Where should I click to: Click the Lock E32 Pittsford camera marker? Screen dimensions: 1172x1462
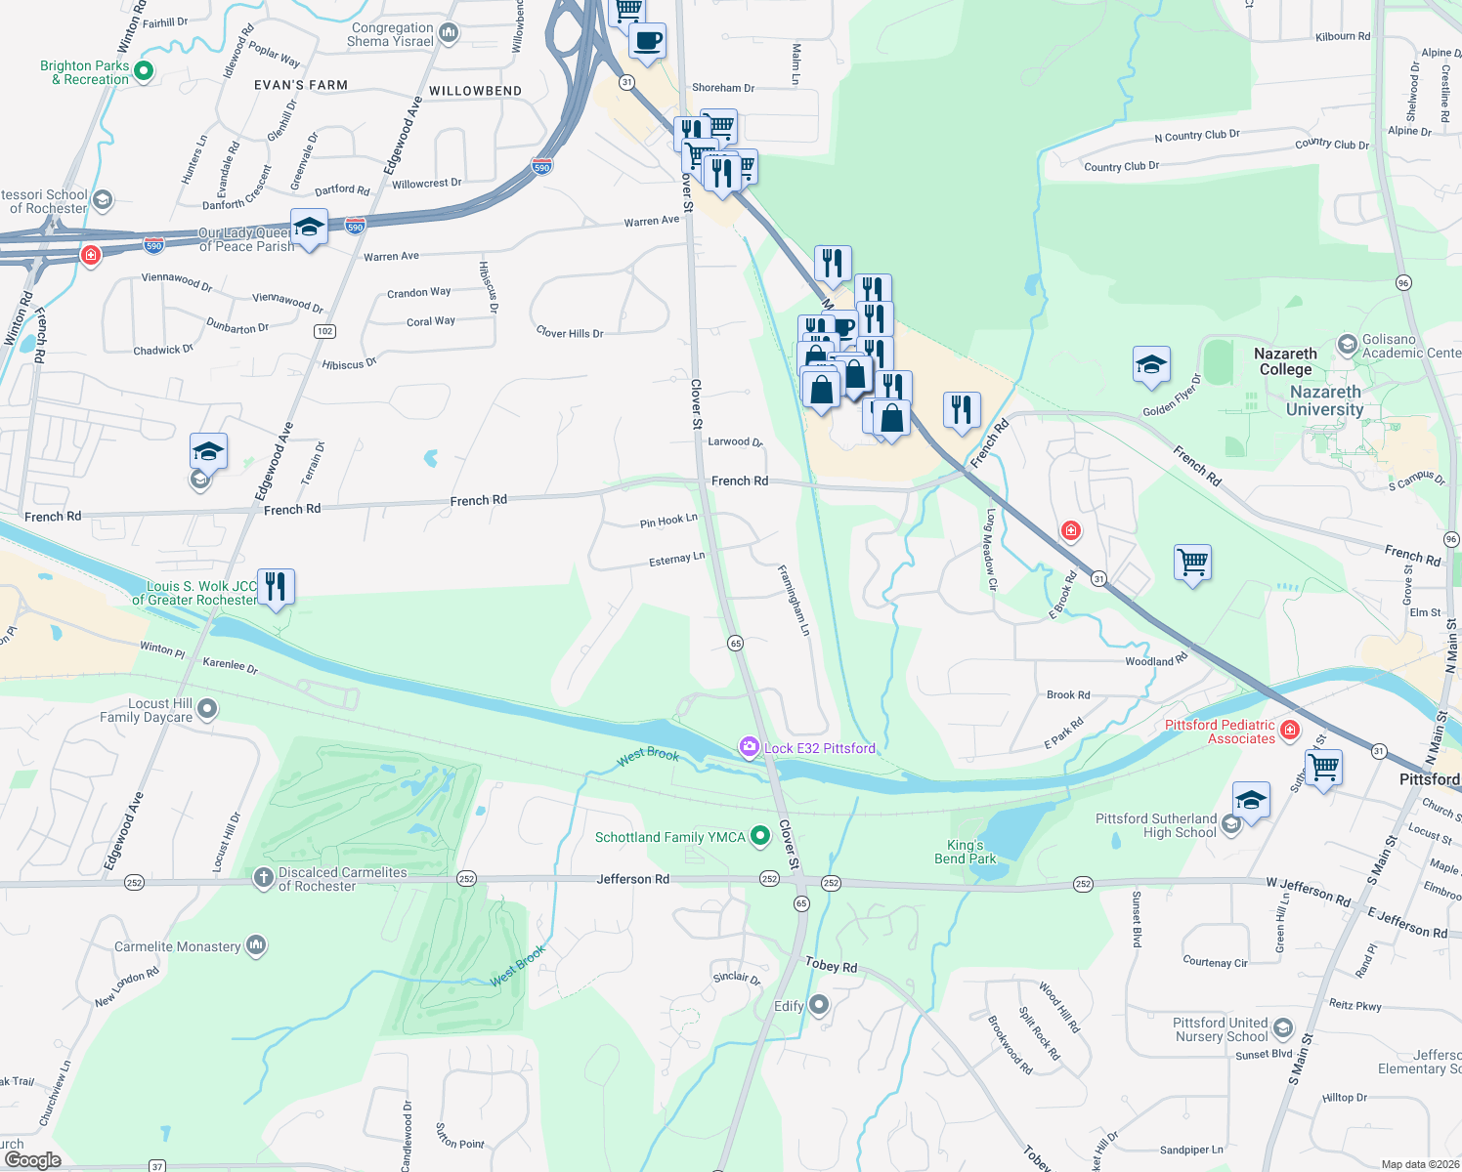tap(750, 747)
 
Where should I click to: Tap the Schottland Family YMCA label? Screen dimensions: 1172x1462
tap(669, 837)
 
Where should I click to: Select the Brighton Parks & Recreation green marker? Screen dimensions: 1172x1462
tap(144, 70)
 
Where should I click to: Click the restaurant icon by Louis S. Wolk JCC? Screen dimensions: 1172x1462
tap(276, 587)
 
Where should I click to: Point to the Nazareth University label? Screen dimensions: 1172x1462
tap(1324, 400)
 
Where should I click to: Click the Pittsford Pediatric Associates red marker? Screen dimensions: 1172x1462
tap(1290, 730)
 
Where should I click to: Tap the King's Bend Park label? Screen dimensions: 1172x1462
tap(965, 852)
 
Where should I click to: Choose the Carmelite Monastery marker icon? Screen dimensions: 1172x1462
tap(256, 944)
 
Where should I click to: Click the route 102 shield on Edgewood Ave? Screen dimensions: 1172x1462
tap(325, 331)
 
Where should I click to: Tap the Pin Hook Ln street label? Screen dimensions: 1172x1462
tap(668, 521)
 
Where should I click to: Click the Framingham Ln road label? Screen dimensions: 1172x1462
tap(794, 600)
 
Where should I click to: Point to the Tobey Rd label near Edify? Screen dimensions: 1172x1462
tap(831, 965)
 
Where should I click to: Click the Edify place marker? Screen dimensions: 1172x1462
tap(819, 1004)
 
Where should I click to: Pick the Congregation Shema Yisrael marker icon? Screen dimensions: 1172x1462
tap(449, 33)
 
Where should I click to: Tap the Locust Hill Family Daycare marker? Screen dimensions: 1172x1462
tap(207, 710)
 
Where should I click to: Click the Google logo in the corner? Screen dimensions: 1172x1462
tap(32, 1159)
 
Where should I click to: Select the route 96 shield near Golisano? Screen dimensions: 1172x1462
tap(1403, 283)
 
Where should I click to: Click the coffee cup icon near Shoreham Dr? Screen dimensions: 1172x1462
tap(647, 42)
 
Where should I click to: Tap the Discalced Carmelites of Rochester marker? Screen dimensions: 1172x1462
tap(263, 878)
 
